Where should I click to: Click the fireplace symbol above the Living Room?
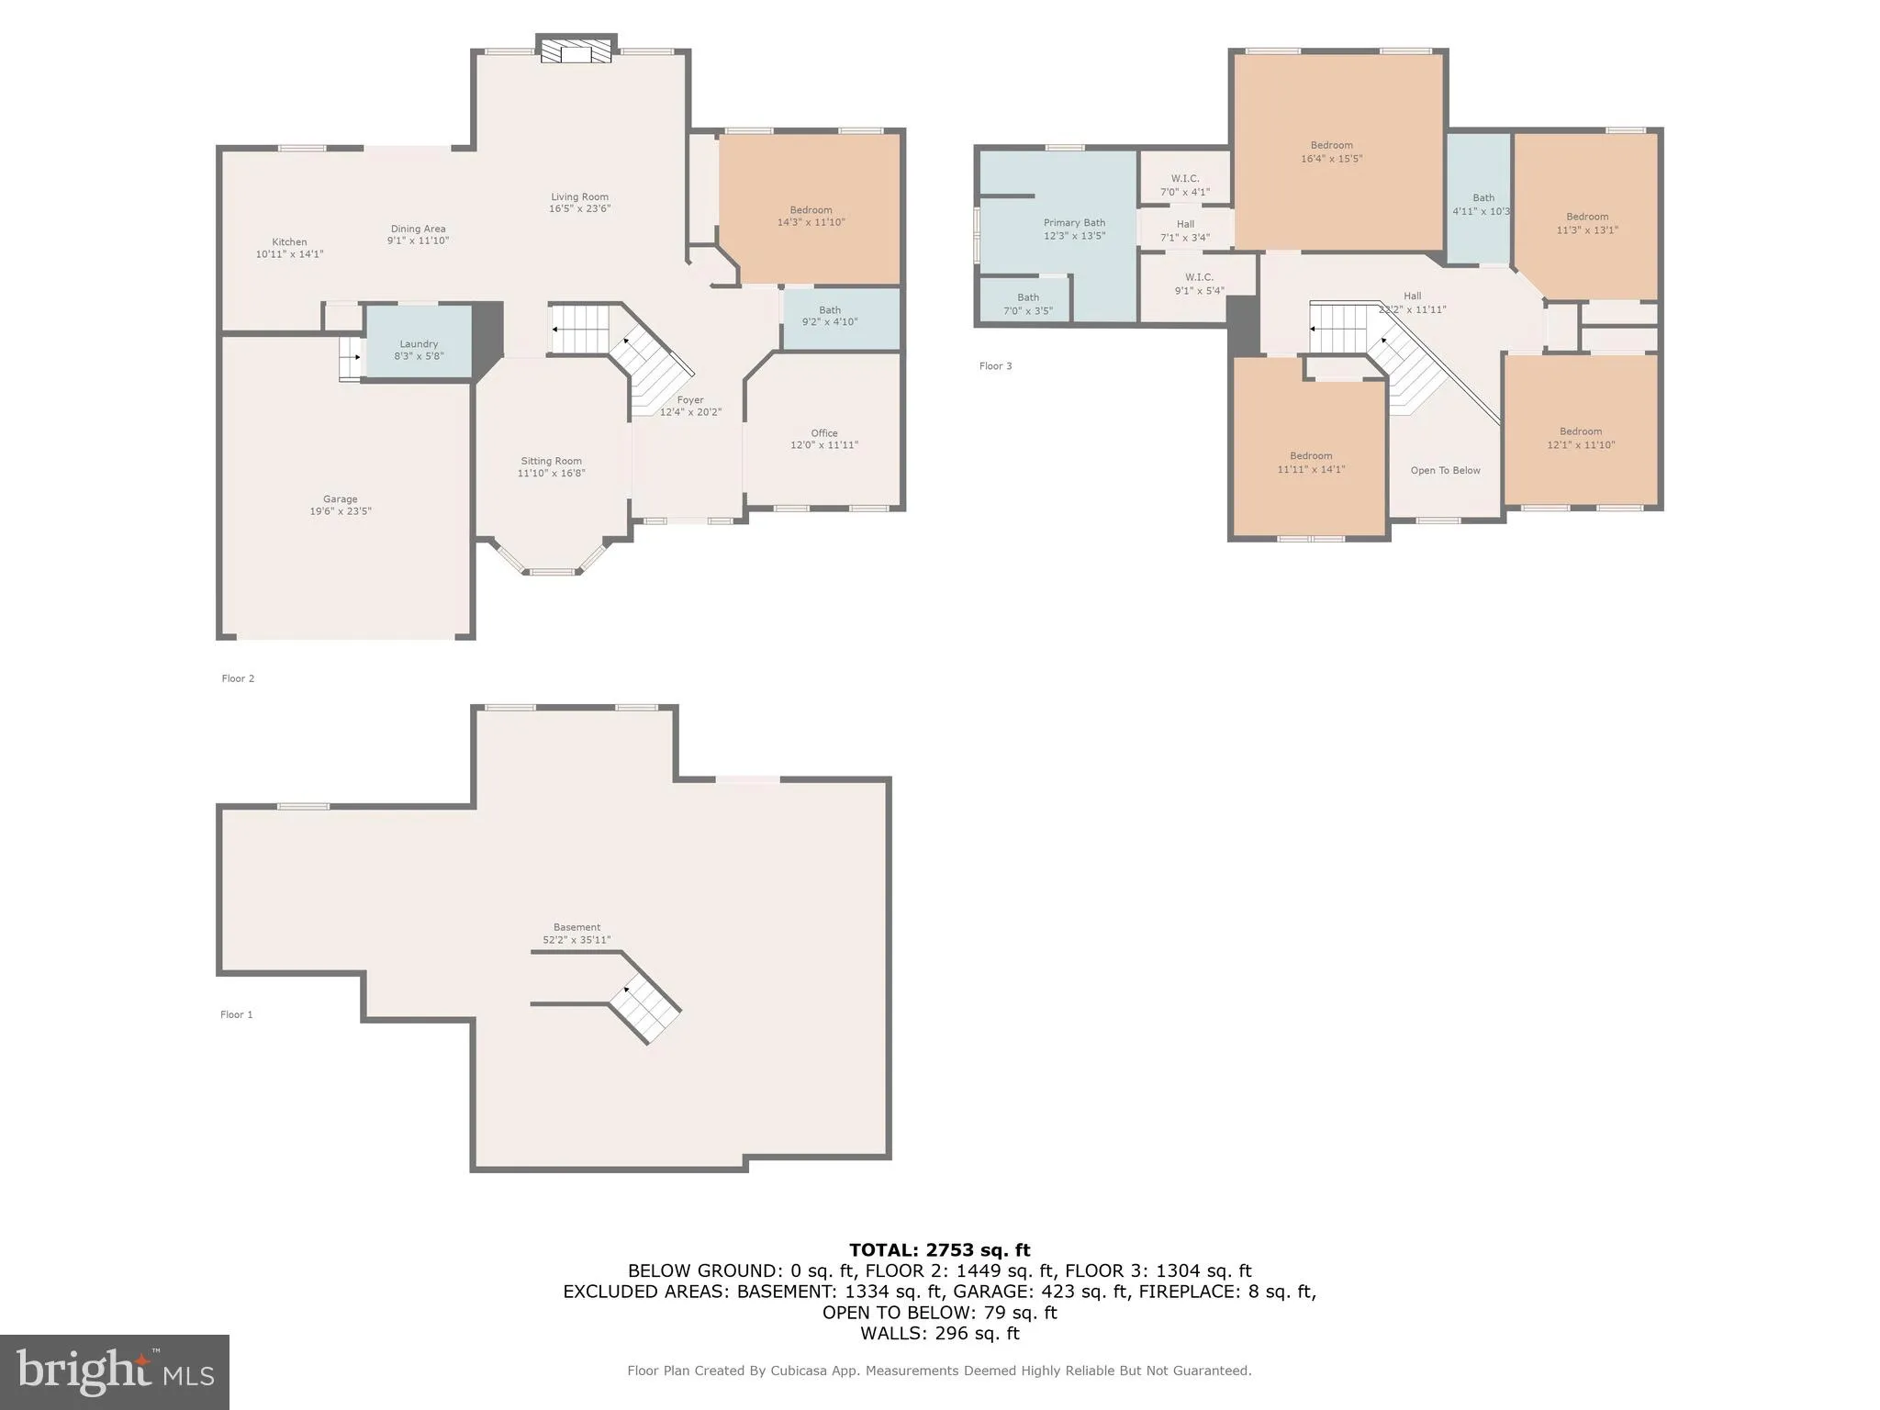point(576,50)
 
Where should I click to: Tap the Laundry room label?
point(419,344)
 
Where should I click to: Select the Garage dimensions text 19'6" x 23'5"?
point(341,511)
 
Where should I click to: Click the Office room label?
point(824,433)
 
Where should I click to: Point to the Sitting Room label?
point(551,462)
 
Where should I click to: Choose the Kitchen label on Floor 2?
point(289,242)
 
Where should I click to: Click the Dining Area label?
point(418,229)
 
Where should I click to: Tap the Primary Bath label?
point(1074,223)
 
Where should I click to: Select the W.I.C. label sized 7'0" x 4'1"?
point(1185,179)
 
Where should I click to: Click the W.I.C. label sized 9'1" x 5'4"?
point(1199,277)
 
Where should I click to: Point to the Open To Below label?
point(1445,471)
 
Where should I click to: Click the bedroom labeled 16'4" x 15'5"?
point(1331,145)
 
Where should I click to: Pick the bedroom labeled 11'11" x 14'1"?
point(1311,456)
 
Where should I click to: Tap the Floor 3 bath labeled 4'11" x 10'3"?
point(1483,198)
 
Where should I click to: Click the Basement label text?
point(576,927)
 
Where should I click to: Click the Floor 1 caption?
point(236,1014)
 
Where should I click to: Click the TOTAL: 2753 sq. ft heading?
point(939,1250)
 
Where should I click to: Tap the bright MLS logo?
point(115,1371)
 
